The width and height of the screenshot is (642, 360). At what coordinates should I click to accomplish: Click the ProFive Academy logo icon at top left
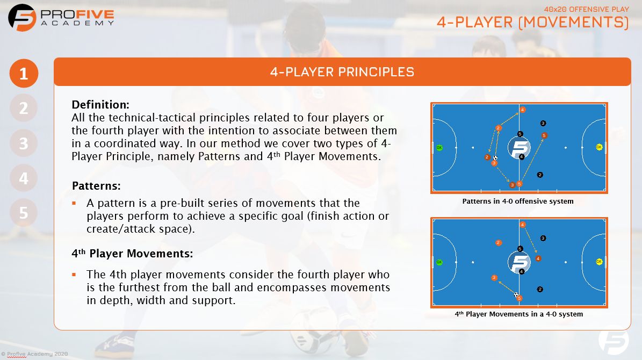[22, 17]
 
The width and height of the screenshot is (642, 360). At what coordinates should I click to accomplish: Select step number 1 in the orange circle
[24, 74]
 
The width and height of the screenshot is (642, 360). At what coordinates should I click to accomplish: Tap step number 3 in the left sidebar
[24, 143]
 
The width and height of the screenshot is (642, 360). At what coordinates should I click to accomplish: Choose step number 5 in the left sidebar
[24, 213]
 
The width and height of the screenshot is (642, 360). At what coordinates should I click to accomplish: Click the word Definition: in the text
[100, 104]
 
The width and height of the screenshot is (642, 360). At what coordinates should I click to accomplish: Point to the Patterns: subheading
[96, 186]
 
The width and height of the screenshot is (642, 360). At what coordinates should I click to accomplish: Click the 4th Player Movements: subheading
[132, 253]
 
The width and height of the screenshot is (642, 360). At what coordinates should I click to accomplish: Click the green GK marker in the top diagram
[439, 147]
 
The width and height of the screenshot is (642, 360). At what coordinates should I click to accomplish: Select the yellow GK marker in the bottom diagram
[599, 262]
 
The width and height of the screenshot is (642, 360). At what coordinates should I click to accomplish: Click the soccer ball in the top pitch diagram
[495, 158]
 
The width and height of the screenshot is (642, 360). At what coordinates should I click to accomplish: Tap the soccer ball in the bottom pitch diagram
[516, 294]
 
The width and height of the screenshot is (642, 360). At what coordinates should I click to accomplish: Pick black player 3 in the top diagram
[543, 123]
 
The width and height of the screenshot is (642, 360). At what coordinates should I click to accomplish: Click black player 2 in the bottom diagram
[540, 289]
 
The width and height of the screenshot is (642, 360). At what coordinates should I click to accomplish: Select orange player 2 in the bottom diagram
[498, 242]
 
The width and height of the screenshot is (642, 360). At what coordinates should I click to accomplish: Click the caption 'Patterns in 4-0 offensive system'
[518, 201]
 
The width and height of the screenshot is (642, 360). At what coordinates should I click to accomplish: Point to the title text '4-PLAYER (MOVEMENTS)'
[532, 23]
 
